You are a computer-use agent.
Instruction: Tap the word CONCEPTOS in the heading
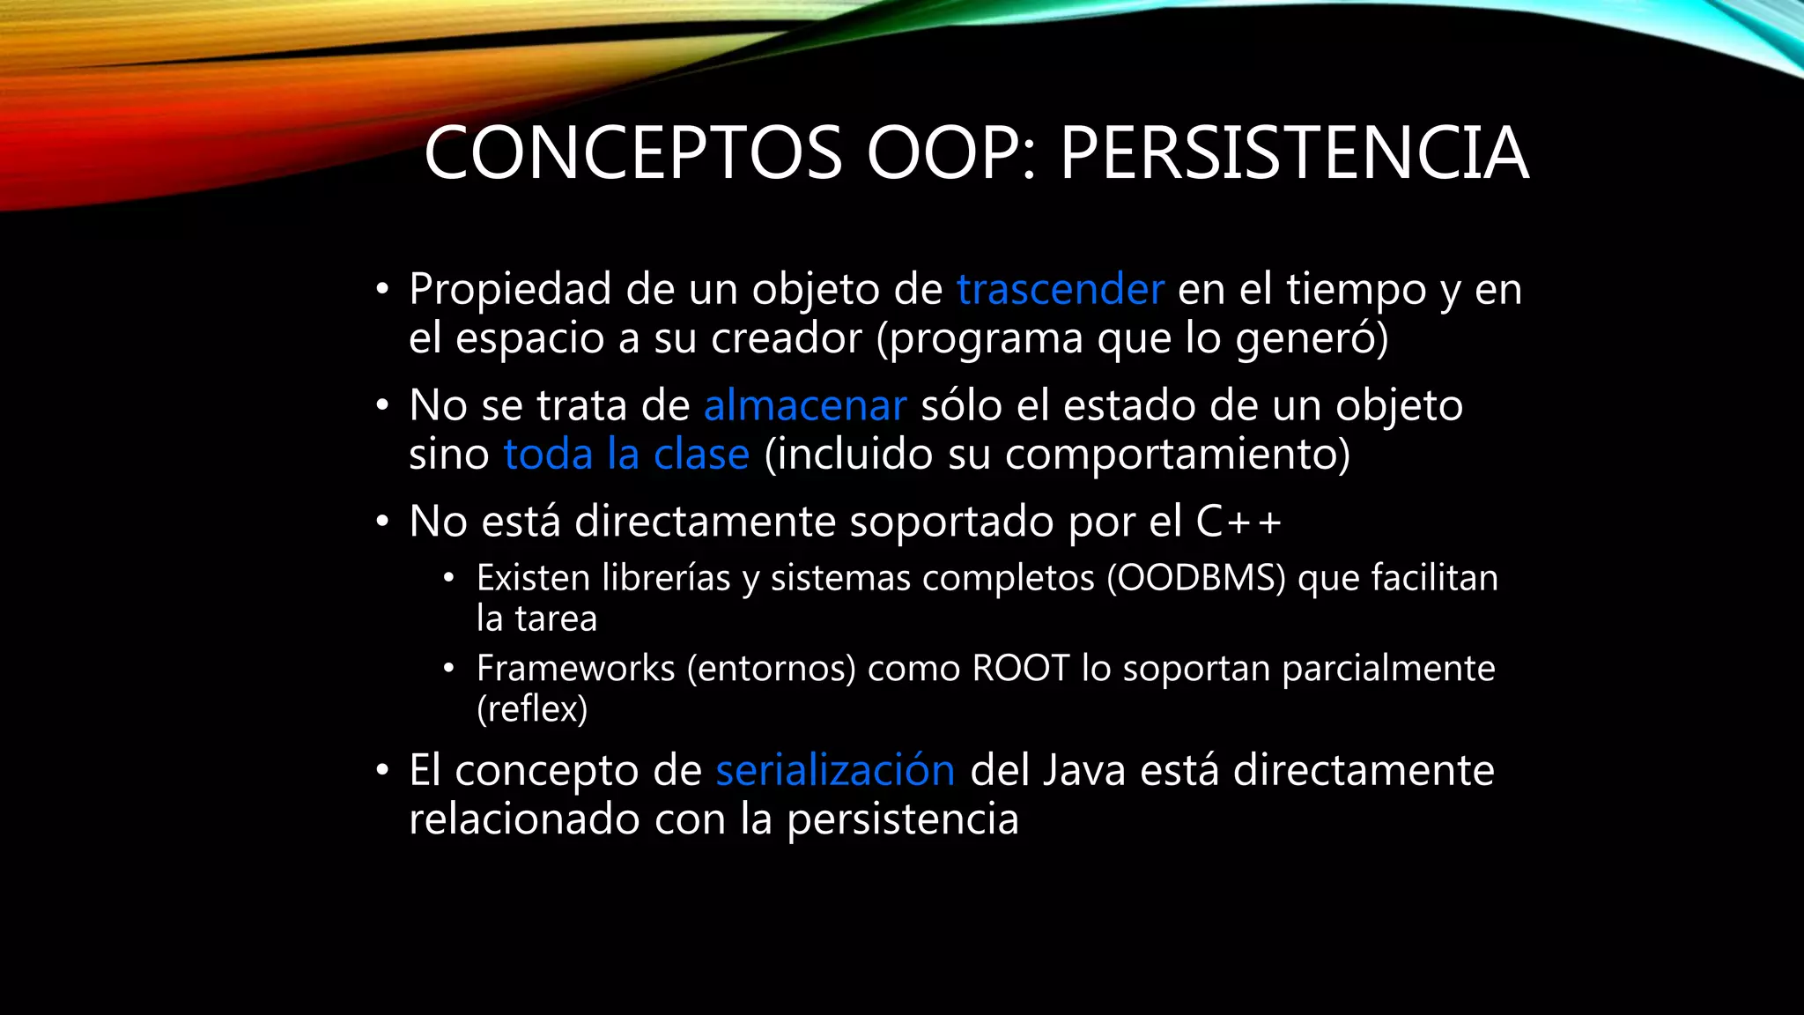(633, 153)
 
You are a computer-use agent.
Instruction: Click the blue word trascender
(1061, 290)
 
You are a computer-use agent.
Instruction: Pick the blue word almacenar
(805, 406)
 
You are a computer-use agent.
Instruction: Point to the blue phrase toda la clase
(626, 455)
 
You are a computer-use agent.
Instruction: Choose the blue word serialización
(835, 770)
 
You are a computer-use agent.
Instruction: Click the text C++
(1238, 522)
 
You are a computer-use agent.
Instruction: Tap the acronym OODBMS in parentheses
(1196, 579)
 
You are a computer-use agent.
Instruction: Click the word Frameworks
(575, 669)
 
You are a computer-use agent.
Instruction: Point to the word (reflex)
(532, 709)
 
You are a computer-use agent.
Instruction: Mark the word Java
(1084, 770)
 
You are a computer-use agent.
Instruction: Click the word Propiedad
(510, 290)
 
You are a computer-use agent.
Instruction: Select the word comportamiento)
(1177, 455)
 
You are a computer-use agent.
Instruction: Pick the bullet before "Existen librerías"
(449, 579)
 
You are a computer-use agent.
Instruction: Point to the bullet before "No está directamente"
(381, 522)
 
